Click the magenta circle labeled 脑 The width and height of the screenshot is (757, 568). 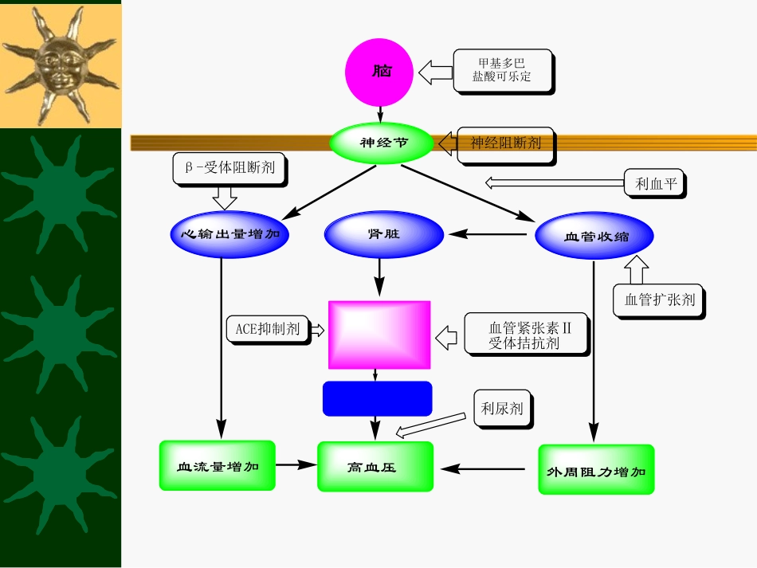pyautogui.click(x=379, y=72)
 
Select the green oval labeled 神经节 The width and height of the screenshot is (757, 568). pyautogui.click(x=382, y=143)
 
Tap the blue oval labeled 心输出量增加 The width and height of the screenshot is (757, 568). pyautogui.click(x=229, y=235)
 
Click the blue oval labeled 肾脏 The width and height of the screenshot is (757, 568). pyautogui.click(x=384, y=235)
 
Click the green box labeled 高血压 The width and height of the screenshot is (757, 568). pyautogui.click(x=375, y=467)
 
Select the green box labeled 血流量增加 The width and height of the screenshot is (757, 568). pyautogui.click(x=217, y=466)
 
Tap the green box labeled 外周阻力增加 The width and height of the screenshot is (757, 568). pyautogui.click(x=596, y=470)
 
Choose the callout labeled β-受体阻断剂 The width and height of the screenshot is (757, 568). pyautogui.click(x=229, y=168)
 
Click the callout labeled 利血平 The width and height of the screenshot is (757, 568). pyautogui.click(x=655, y=184)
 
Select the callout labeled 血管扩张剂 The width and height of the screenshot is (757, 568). pyautogui.click(x=659, y=300)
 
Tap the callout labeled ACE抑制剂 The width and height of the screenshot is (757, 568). pyautogui.click(x=267, y=328)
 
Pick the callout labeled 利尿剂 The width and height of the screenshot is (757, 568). pyautogui.click(x=502, y=409)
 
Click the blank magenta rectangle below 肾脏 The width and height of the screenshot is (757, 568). pyautogui.click(x=379, y=335)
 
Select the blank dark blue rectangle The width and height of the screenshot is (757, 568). pyautogui.click(x=377, y=398)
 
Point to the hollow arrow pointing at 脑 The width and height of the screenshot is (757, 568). pyautogui.click(x=435, y=72)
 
